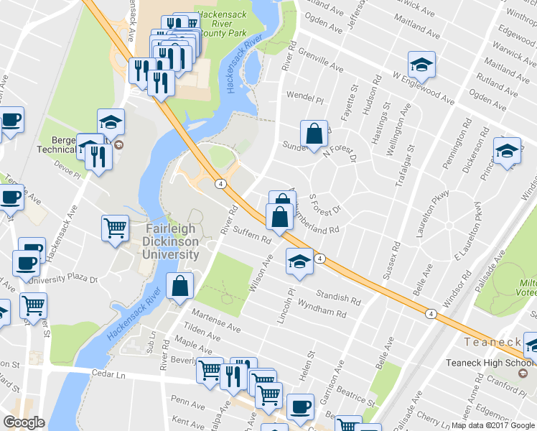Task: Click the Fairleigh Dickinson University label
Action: point(170,241)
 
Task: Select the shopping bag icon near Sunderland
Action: point(314,134)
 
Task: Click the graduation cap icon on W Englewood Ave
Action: point(422,65)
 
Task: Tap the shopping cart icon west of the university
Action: point(116,229)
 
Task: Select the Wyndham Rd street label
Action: point(322,310)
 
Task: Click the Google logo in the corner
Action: point(24,422)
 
